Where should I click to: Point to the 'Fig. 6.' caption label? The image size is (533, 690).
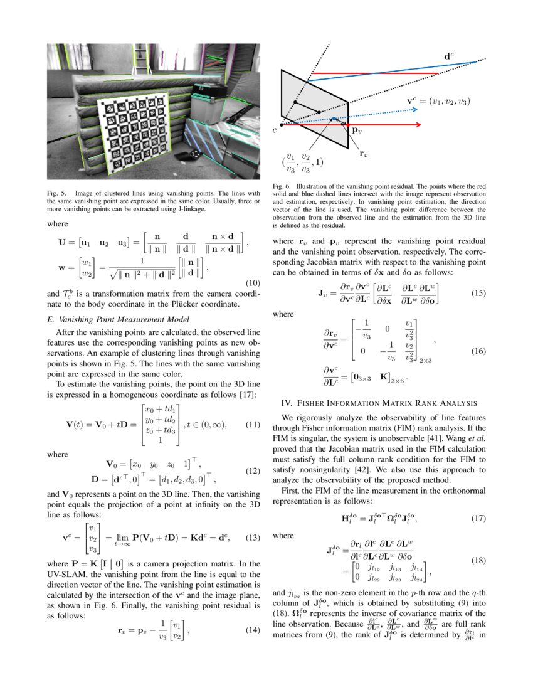pos(283,186)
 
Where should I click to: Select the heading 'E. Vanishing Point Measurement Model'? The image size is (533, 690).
pos(108,319)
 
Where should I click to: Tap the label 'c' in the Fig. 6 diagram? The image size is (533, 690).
pos(275,130)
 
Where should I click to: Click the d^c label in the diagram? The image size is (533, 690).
pos(449,56)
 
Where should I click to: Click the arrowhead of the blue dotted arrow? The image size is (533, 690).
pos(415,108)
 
